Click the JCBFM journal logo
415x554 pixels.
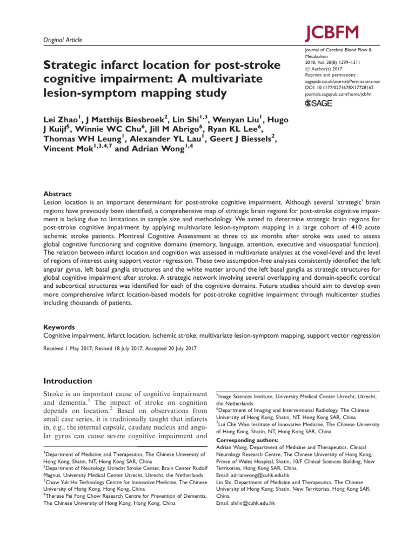[x=331, y=32]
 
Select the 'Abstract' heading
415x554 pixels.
[x=57, y=194]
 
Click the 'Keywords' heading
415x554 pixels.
[x=59, y=328]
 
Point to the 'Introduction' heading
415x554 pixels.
[x=68, y=381]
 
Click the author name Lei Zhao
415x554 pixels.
[x=61, y=118]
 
